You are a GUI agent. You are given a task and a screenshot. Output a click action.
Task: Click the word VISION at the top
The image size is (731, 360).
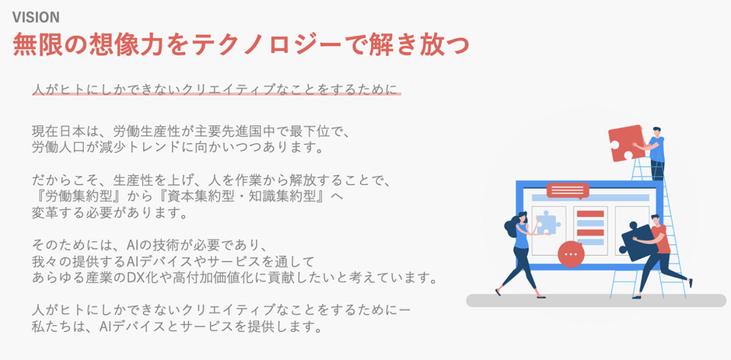point(36,17)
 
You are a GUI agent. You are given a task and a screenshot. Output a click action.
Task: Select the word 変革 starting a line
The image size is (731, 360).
point(45,212)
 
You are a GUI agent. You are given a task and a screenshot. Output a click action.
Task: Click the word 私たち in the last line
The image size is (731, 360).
point(51,326)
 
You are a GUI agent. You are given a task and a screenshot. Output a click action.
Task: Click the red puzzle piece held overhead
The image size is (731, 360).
point(627,143)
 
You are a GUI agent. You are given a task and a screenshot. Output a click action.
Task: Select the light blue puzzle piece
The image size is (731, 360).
point(547,222)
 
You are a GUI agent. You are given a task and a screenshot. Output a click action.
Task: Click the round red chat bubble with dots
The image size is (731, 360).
point(571,254)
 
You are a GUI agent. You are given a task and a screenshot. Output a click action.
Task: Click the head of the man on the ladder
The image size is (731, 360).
point(656,132)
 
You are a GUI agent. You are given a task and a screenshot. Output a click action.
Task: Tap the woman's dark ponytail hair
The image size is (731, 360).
point(512,226)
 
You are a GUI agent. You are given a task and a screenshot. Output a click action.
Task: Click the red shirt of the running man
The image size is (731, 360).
point(661,239)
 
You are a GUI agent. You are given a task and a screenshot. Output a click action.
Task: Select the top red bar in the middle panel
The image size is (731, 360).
point(590,214)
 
